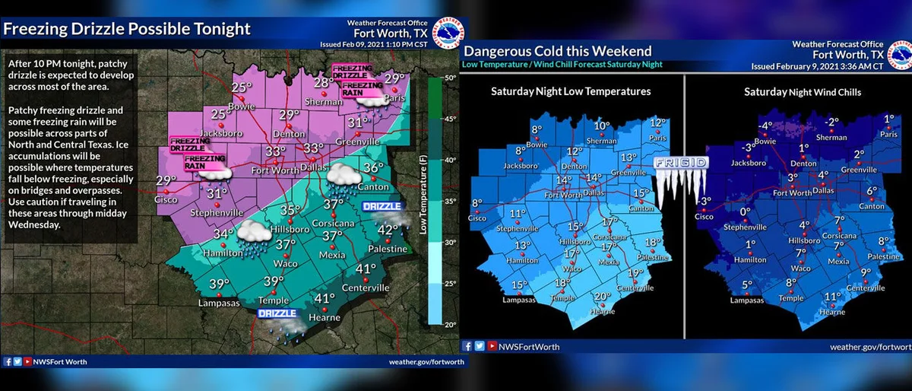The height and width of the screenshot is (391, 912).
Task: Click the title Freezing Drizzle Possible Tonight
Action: [x=127, y=30]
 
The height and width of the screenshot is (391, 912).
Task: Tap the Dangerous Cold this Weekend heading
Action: [x=558, y=51]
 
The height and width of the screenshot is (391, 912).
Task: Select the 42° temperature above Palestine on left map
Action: [x=388, y=230]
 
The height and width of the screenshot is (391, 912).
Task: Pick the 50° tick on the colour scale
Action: [x=449, y=78]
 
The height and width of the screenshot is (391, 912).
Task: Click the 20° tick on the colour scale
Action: [x=449, y=324]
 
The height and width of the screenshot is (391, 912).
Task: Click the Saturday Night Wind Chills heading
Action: [x=796, y=91]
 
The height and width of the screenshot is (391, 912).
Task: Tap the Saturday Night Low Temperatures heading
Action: [x=571, y=91]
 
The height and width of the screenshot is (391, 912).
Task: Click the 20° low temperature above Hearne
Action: [x=603, y=297]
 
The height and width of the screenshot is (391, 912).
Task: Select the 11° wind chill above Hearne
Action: [x=833, y=297]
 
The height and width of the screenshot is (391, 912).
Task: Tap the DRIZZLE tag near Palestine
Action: [x=380, y=207]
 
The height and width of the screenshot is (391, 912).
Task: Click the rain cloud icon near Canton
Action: [x=343, y=176]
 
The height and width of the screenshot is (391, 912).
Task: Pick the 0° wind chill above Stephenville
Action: [x=745, y=212]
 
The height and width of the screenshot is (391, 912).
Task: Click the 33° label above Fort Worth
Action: [x=275, y=151]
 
